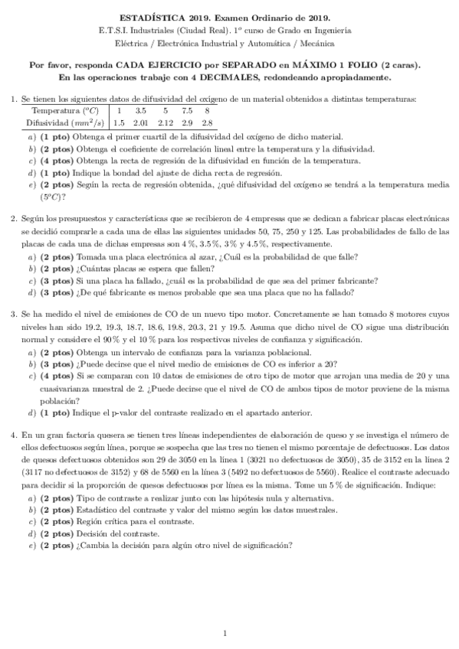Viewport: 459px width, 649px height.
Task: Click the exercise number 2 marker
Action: tap(13, 218)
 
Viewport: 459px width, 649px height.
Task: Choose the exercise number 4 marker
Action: tap(13, 435)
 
